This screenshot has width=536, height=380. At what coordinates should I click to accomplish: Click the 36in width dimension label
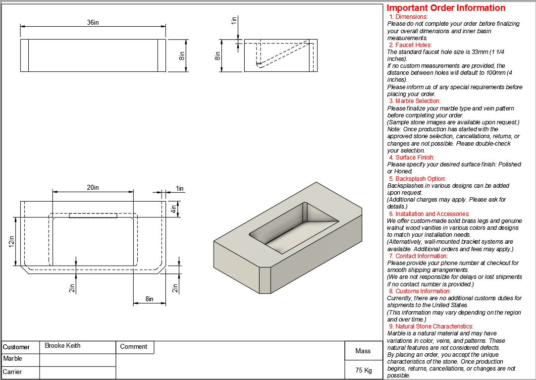click(x=93, y=23)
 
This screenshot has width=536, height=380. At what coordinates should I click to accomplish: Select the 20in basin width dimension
click(x=93, y=187)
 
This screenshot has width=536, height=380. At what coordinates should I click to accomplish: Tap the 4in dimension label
click(x=173, y=209)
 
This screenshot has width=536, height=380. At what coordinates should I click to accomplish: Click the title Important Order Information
click(x=446, y=8)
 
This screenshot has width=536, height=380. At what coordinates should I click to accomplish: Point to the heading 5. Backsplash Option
click(x=417, y=179)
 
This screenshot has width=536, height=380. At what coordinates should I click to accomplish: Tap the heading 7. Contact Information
click(x=418, y=256)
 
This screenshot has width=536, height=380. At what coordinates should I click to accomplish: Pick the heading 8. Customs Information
click(x=420, y=291)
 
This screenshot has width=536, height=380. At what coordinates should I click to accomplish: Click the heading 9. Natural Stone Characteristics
click(x=430, y=326)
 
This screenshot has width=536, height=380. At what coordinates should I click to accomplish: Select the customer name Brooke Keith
click(x=62, y=346)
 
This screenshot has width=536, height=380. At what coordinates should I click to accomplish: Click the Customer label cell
click(x=16, y=347)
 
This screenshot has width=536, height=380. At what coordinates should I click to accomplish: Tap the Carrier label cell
click(x=13, y=372)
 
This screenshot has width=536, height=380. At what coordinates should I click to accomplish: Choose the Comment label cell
click(x=134, y=347)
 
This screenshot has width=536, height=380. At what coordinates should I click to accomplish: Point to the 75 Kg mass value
click(x=363, y=370)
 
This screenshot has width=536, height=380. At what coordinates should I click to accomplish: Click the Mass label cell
click(x=363, y=351)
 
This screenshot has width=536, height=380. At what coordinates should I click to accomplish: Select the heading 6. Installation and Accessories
click(x=429, y=214)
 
